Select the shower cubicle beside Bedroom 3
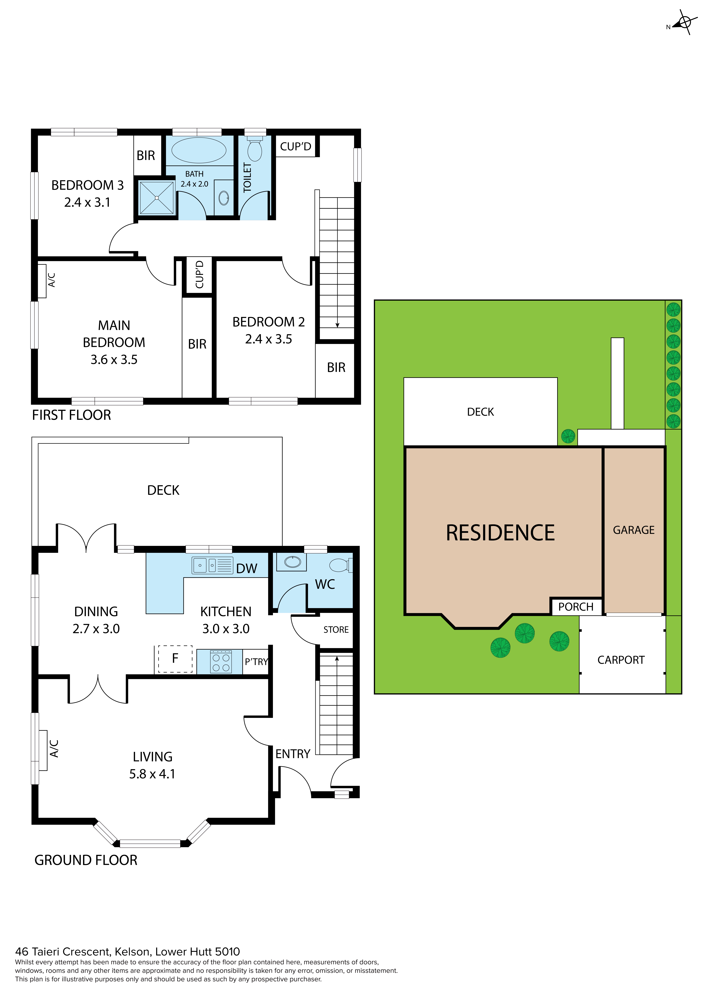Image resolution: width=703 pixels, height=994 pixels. (156, 197)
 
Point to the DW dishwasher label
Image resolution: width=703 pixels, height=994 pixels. (246, 568)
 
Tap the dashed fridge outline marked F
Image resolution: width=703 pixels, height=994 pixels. (175, 659)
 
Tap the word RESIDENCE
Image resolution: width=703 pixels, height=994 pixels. (500, 533)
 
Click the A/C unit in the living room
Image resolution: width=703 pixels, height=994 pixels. (43, 750)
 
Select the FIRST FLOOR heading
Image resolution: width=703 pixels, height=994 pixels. (71, 415)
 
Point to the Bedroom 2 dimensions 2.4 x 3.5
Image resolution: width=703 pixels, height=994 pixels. (269, 339)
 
